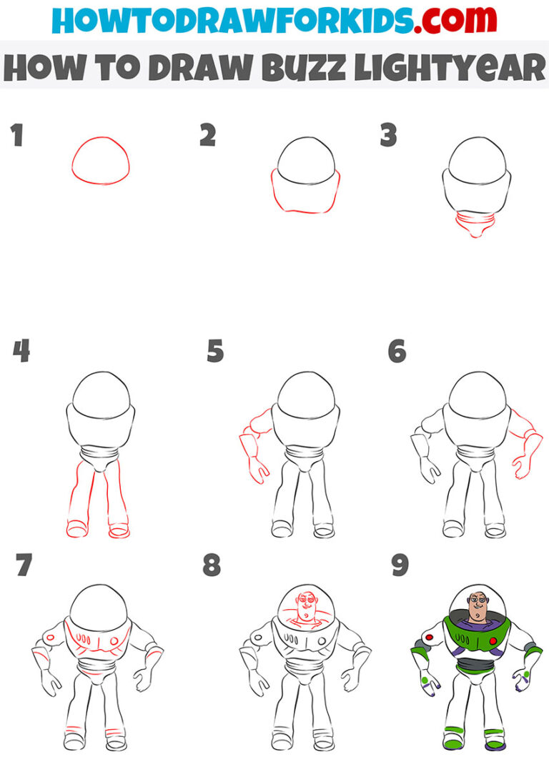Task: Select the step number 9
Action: pos(399,565)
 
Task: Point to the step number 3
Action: pos(388,135)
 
